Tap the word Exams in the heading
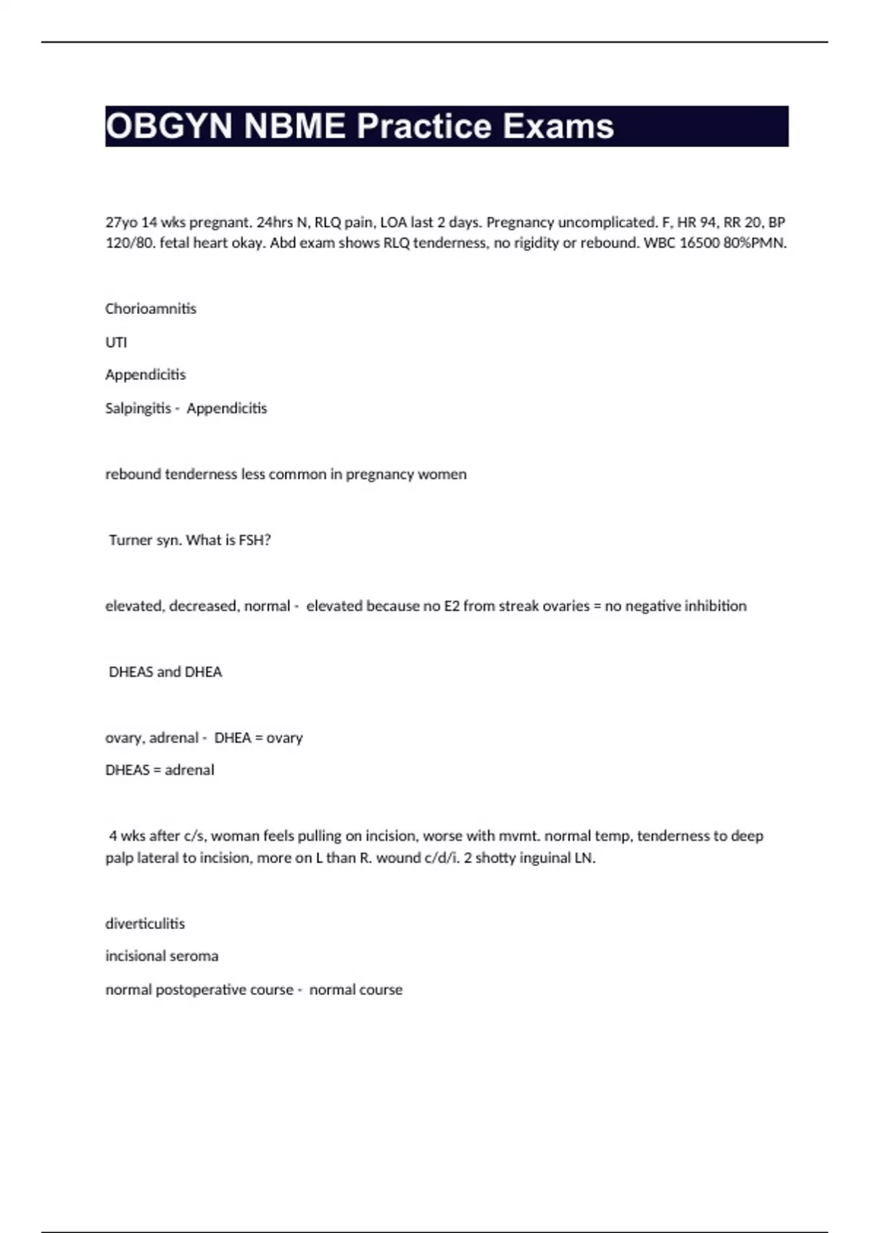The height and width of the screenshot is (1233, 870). [x=558, y=126]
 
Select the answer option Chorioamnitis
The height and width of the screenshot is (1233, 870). [x=151, y=309]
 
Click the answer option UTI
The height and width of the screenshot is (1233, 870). [x=116, y=342]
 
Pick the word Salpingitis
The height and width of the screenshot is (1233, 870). [x=138, y=408]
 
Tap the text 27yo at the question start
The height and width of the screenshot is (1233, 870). [x=121, y=223]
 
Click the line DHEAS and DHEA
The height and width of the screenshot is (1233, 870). [x=165, y=672]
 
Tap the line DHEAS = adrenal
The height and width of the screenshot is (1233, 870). [x=159, y=770]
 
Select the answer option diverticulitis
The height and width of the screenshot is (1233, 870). [x=145, y=924]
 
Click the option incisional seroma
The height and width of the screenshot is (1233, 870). [x=162, y=957]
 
